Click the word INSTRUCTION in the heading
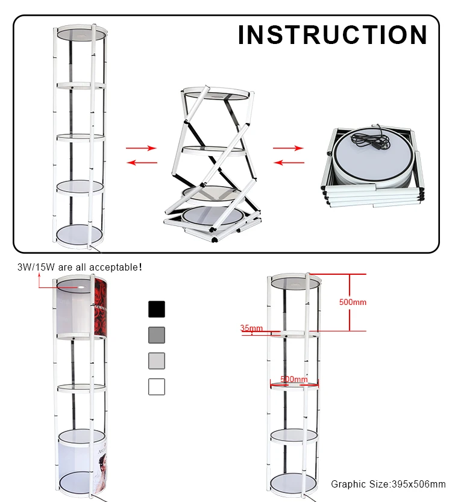click(x=332, y=35)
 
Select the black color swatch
click(x=157, y=309)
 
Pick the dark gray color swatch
click(x=157, y=335)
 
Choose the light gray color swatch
click(x=157, y=360)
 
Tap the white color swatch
click(x=157, y=386)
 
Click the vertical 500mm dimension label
click(x=353, y=302)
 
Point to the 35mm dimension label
click(x=251, y=328)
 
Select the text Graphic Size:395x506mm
click(x=388, y=484)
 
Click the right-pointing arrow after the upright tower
click(x=141, y=148)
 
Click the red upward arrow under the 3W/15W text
click(x=39, y=276)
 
